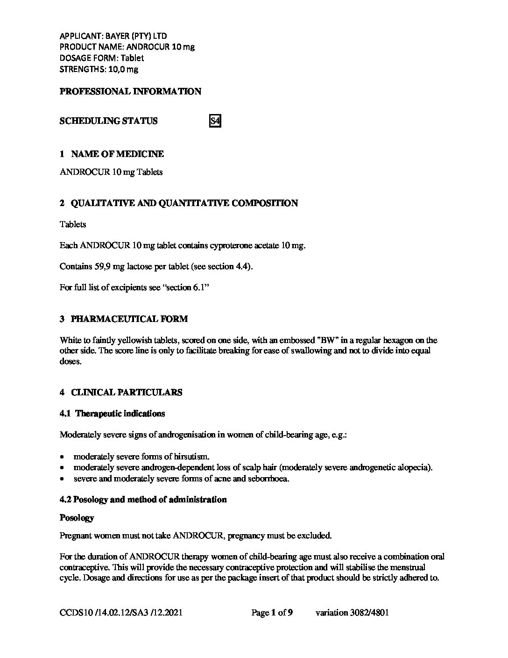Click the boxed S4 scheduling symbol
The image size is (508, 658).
[x=215, y=121]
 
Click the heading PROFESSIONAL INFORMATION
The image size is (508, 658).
[x=130, y=92]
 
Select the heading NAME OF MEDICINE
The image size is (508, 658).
[x=117, y=154]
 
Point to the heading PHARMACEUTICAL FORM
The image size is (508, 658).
[x=129, y=319]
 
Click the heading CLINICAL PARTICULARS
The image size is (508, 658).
[x=127, y=393]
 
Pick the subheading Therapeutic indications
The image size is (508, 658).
[x=120, y=414]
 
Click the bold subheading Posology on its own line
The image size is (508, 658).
[x=77, y=518]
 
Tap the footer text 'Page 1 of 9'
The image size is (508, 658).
[x=272, y=613]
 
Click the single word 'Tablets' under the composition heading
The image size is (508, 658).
[x=73, y=224]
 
